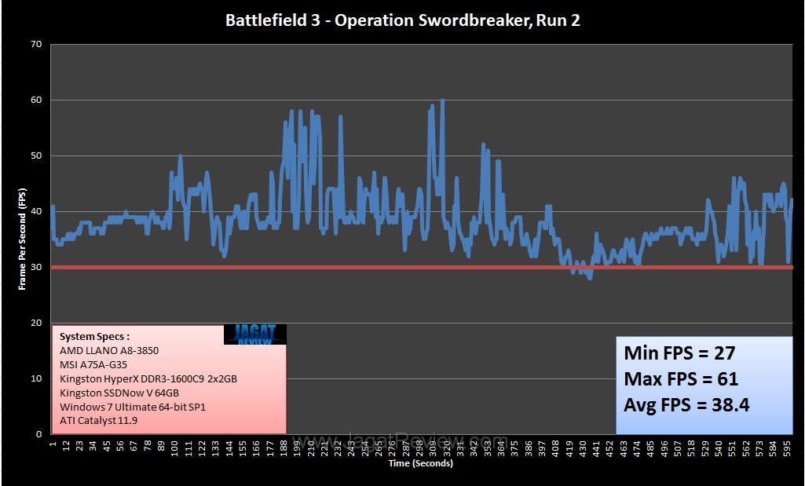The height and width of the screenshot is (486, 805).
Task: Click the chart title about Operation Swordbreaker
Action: pos(402,20)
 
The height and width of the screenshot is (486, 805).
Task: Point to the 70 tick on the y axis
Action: pos(36,45)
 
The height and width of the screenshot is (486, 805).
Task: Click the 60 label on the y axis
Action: pos(36,100)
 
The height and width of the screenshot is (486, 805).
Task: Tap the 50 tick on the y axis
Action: pos(36,156)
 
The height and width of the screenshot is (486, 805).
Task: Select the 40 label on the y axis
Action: pos(36,212)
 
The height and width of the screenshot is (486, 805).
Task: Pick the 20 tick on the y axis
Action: pos(36,323)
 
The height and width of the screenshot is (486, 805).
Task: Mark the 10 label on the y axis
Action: pos(36,378)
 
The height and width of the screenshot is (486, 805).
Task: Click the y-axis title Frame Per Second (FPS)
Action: pos(22,239)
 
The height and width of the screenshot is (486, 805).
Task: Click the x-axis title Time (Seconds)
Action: pos(420,463)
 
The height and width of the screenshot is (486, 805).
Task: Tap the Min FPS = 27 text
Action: pos(679,353)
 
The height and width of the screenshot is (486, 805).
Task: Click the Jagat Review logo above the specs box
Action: pos(254,334)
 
